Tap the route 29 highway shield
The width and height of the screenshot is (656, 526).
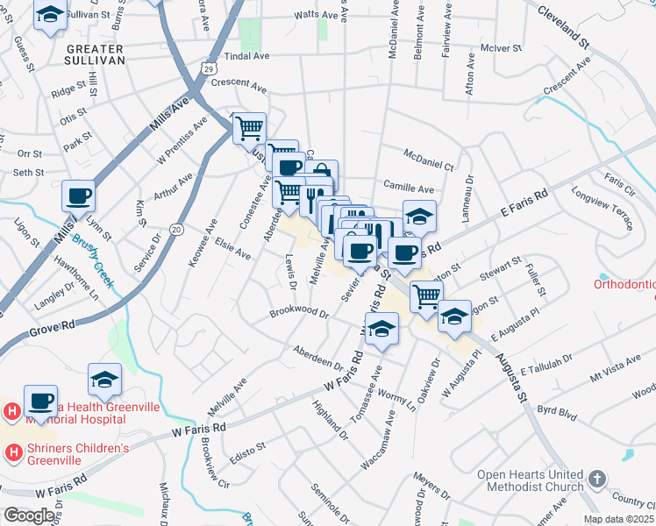point(208,68)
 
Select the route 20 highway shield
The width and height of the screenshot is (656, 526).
point(176,229)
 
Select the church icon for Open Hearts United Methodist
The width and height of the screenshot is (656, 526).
point(596,480)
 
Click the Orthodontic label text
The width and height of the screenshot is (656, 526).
point(624,284)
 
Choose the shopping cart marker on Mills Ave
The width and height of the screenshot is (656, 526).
point(250,129)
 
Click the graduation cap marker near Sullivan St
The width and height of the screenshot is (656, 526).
point(50,15)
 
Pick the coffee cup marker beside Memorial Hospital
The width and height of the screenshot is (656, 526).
point(40,401)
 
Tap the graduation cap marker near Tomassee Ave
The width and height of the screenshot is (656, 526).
point(381,330)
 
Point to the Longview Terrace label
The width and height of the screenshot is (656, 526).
point(602,210)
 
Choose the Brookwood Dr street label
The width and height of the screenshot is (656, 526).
point(298,312)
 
